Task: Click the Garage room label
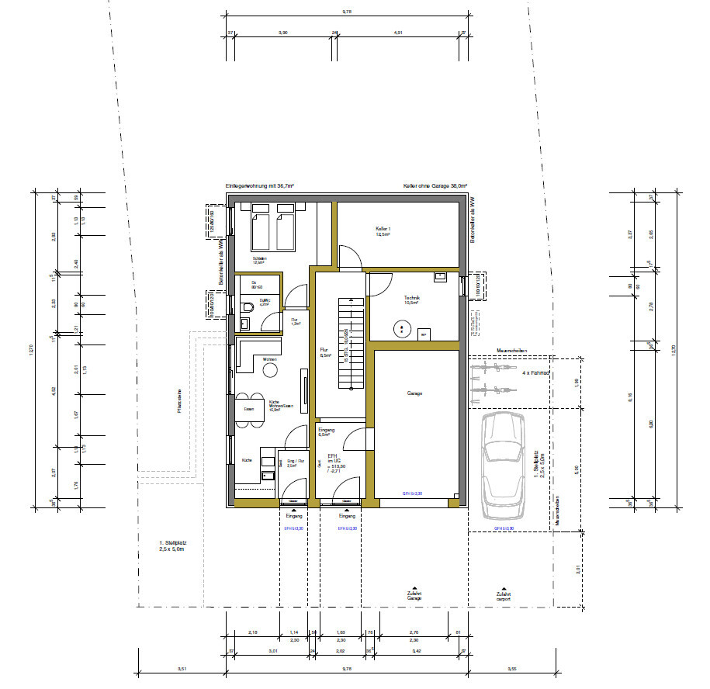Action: click(414, 394)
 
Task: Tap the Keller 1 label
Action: click(383, 231)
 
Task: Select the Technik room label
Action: click(411, 299)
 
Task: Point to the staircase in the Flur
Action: click(351, 345)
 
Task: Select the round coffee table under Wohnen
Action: click(270, 371)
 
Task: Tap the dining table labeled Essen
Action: click(249, 409)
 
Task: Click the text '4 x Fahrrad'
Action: click(535, 373)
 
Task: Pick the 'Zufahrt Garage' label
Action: click(414, 595)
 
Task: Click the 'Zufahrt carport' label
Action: click(504, 595)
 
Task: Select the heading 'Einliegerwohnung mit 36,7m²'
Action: click(259, 187)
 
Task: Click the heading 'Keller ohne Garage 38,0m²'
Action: click(435, 187)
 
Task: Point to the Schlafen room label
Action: click(259, 260)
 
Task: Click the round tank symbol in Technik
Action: click(402, 330)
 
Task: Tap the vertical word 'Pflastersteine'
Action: click(179, 402)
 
